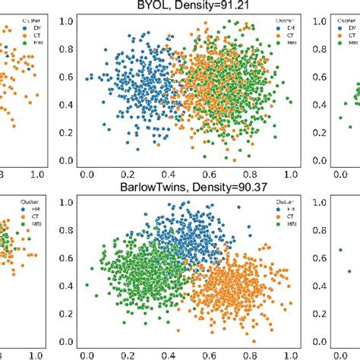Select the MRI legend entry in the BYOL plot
click(289, 45)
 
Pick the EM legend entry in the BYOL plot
click(289, 27)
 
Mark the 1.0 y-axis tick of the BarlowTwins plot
click(68, 202)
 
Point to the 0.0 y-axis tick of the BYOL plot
click(68, 161)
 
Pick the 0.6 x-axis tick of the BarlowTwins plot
click(221, 354)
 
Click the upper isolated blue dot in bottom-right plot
click(340, 249)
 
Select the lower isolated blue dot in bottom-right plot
click(350, 271)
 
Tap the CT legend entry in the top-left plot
click(16, 35)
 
